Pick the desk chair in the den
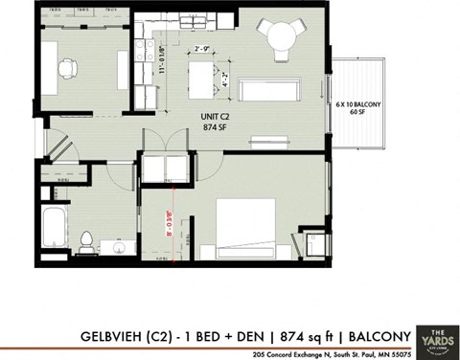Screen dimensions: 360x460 coord(66,68)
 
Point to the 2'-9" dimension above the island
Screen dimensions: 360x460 coord(202,49)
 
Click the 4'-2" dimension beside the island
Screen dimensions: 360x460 coord(224,77)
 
